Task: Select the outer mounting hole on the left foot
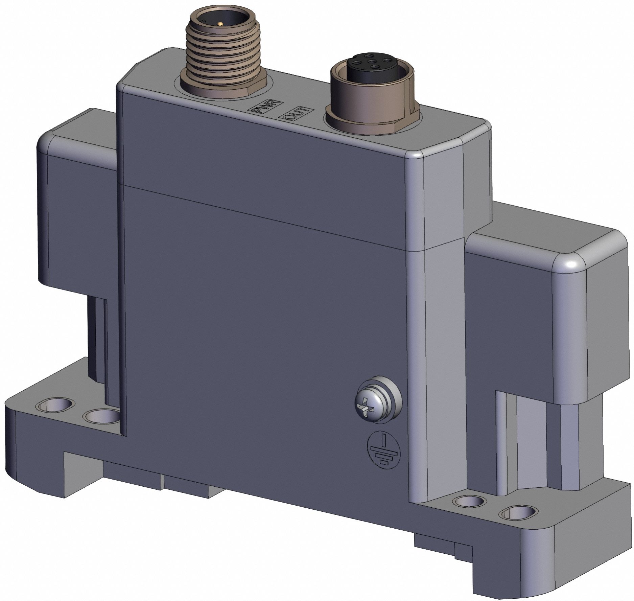[x=55, y=404]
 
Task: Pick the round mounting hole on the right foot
[x=468, y=501]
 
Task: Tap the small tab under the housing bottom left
[x=186, y=487]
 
